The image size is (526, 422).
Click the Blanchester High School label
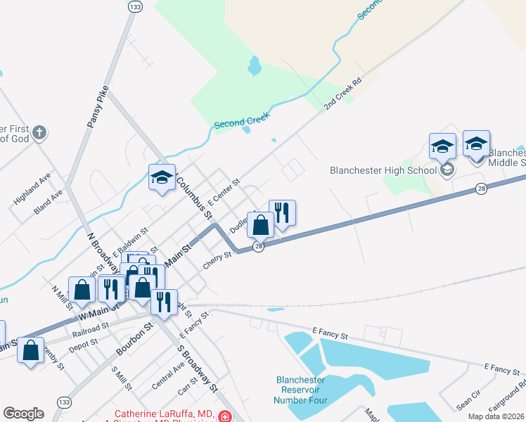383,170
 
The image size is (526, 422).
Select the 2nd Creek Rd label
342,94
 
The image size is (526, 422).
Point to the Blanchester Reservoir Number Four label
300,390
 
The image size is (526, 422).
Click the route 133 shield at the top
136,6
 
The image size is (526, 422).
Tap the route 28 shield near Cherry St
259,246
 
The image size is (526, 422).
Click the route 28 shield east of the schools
481,188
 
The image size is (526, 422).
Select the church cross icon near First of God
40,132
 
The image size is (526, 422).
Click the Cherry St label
217,260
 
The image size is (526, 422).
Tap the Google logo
23,414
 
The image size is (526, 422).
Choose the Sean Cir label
468,402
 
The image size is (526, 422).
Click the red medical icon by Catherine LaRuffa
224,416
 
